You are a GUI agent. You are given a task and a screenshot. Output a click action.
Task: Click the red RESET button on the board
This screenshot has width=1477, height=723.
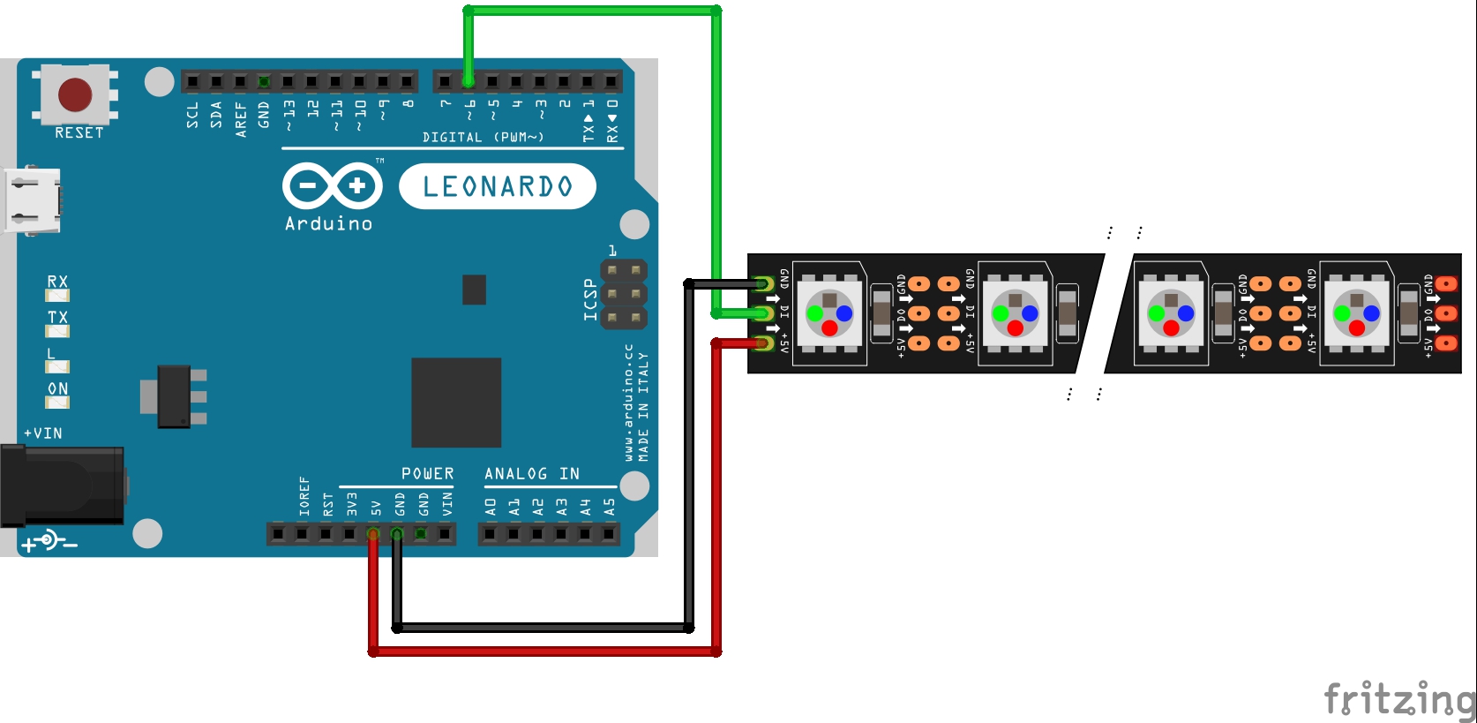(75, 94)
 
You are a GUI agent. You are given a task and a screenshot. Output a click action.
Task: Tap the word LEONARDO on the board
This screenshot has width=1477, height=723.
(498, 186)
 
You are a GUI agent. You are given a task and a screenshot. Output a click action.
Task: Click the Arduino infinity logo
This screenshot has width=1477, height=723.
(332, 186)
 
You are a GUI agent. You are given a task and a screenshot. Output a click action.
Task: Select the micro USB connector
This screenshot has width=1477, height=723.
(32, 200)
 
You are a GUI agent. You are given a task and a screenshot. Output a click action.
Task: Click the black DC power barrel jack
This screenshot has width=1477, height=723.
(62, 486)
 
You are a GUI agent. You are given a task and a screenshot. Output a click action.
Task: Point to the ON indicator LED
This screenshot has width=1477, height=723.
(58, 403)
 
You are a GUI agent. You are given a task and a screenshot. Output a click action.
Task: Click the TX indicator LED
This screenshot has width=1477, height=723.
(58, 331)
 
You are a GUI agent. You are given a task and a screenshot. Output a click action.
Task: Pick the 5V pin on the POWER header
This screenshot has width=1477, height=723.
(373, 533)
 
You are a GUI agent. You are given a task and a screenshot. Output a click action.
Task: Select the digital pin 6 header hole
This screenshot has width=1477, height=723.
(469, 82)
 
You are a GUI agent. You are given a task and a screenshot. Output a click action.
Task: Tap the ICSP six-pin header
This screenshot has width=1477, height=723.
(624, 293)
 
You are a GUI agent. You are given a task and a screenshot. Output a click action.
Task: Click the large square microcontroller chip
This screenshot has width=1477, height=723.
(456, 402)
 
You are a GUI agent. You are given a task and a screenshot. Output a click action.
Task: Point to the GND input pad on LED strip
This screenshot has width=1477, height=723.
(764, 283)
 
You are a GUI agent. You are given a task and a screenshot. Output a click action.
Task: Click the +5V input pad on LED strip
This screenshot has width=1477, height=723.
(764, 343)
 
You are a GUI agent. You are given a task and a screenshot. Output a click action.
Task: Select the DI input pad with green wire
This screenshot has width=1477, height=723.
(764, 313)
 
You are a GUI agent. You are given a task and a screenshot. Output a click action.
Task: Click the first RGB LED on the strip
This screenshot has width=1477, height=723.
(829, 313)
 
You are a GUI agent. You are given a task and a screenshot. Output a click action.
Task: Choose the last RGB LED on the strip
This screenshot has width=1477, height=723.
(1357, 313)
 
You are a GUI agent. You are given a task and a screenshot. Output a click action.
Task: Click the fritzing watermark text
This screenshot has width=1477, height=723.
(1399, 699)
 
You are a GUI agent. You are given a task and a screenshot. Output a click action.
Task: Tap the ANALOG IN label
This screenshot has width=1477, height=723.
(532, 474)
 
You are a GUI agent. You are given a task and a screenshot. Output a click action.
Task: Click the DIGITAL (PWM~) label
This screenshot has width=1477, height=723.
(483, 137)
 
